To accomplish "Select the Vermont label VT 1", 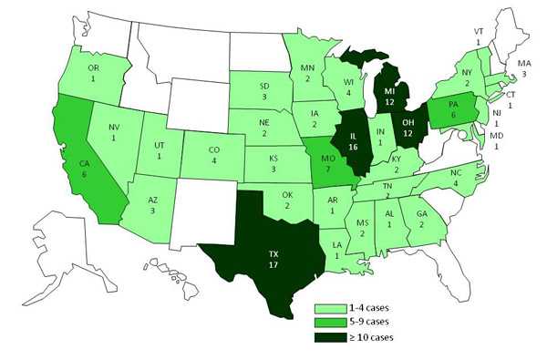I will click(478, 36).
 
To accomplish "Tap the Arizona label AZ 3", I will click(153, 205).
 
